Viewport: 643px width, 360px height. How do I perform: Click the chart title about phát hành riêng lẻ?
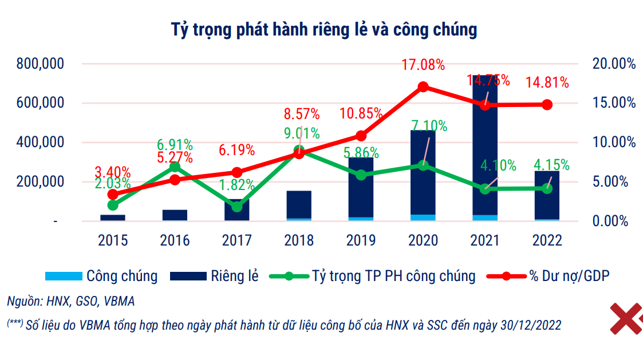[324, 30]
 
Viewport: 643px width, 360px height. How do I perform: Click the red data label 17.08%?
[423, 65]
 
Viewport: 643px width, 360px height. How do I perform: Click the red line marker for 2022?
[547, 105]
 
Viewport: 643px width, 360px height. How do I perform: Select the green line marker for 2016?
[175, 167]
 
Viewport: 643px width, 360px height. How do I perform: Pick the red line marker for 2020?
[423, 87]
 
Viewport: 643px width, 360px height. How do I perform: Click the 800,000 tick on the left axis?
[40, 64]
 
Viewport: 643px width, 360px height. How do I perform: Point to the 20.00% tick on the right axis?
[614, 64]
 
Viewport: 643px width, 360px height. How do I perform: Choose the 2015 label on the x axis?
[113, 240]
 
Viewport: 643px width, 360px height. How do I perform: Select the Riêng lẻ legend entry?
[215, 276]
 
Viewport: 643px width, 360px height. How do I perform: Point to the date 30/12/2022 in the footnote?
[530, 325]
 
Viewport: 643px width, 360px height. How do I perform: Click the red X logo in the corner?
[626, 318]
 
